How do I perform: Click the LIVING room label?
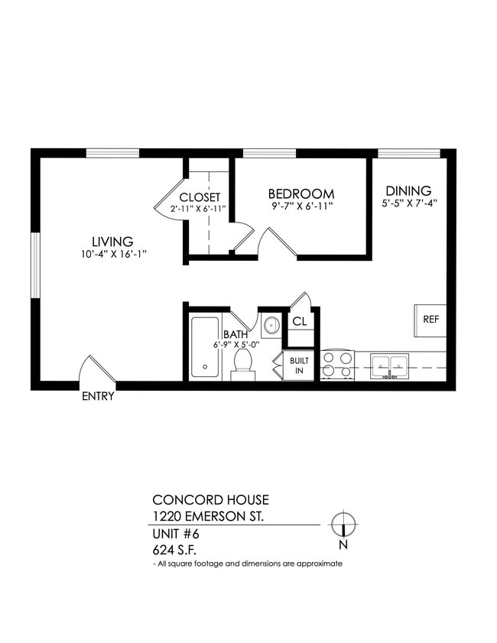pos(112,241)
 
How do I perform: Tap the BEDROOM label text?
pos(301,193)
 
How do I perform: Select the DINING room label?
pos(408,191)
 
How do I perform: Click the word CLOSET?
pos(200,196)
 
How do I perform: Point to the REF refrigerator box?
pos(431,320)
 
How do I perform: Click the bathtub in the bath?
pos(205,347)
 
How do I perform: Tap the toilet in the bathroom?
pos(243,362)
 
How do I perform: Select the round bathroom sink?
pos(271,326)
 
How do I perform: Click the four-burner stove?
pos(337,365)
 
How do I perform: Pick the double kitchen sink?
pos(390,366)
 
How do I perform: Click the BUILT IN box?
pos(299,365)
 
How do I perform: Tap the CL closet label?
pos(299,322)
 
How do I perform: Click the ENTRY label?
pos(98,396)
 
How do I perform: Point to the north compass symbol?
pos(343,525)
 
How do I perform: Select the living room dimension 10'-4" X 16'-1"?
pos(112,255)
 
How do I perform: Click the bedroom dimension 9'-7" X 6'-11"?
pos(301,206)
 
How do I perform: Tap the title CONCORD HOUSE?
pos(211,500)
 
